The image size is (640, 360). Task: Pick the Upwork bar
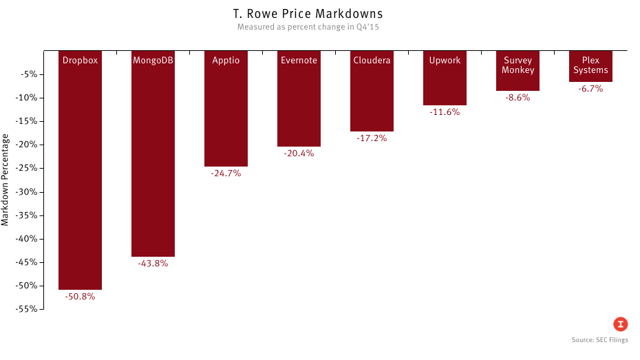tap(445, 86)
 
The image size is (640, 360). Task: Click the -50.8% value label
tap(80, 297)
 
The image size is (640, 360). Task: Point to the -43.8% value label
tap(153, 264)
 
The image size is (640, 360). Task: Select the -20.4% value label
tap(299, 153)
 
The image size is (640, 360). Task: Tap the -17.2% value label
tap(372, 138)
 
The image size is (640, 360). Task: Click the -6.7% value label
tap(590, 89)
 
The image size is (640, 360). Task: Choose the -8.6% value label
tap(518, 98)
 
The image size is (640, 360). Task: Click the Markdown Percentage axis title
tap(6, 179)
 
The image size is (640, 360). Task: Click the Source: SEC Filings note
tap(599, 340)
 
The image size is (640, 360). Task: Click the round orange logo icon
tap(621, 324)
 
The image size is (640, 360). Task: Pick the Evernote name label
tap(299, 61)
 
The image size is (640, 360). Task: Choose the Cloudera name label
tap(372, 61)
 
